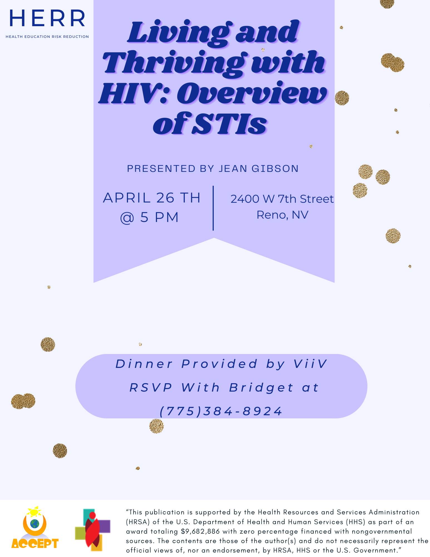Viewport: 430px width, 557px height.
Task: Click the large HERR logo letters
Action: pyautogui.click(x=47, y=18)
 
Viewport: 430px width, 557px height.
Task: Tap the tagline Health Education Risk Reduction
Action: pyautogui.click(x=47, y=36)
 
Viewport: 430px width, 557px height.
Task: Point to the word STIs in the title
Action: pyautogui.click(x=229, y=123)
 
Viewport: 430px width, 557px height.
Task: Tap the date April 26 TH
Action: pyautogui.click(x=152, y=198)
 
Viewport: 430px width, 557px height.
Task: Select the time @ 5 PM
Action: pyautogui.click(x=149, y=217)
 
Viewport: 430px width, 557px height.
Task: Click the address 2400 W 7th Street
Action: pyautogui.click(x=282, y=199)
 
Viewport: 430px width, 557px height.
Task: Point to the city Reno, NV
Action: pyautogui.click(x=282, y=215)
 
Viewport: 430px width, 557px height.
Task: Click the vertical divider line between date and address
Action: pyautogui.click(x=213, y=208)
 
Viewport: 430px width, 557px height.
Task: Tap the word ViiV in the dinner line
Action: pyautogui.click(x=310, y=364)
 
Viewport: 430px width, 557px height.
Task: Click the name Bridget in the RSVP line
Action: pyautogui.click(x=261, y=387)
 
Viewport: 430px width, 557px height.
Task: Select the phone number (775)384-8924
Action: pyautogui.click(x=221, y=411)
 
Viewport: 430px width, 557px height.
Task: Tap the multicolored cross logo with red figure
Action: pyautogui.click(x=93, y=530)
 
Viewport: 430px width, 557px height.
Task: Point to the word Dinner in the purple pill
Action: pyautogui.click(x=144, y=364)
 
